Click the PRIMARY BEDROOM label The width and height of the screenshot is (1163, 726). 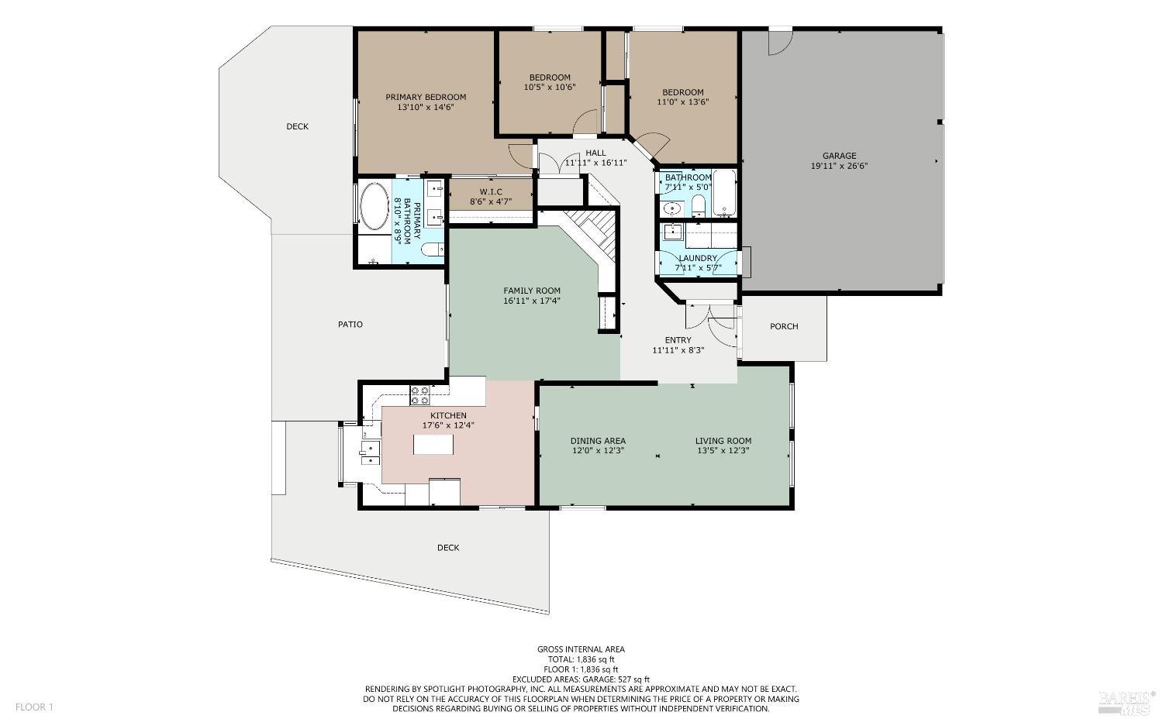pos(426,97)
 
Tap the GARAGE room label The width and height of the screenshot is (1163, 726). pos(839,156)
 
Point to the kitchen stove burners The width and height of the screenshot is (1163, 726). pos(419,395)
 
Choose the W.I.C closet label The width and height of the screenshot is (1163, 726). pos(491,191)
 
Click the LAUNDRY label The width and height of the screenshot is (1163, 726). pos(698,258)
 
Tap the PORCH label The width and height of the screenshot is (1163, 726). pos(784,326)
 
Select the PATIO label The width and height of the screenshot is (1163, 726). pos(350,325)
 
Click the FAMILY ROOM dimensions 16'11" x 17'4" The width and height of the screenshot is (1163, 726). pos(531,301)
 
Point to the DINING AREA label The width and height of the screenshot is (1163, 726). pos(598,441)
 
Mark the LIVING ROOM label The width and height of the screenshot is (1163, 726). pos(723,441)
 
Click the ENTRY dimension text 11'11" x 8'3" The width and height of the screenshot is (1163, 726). pos(678,350)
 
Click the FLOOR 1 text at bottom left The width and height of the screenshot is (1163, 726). pos(34,707)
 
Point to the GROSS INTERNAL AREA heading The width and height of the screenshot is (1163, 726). pos(581,649)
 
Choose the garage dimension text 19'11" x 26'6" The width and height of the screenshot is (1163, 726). pos(839,166)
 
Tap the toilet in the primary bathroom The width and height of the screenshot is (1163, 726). pos(432,249)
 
